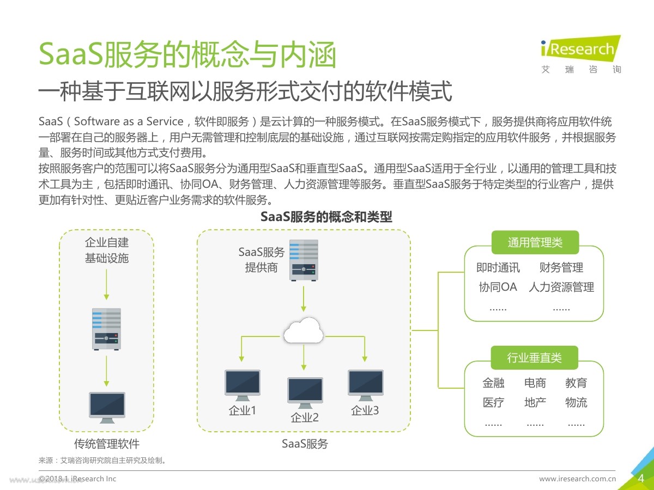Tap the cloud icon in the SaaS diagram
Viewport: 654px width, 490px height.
click(x=304, y=330)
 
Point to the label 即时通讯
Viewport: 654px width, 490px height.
click(x=498, y=267)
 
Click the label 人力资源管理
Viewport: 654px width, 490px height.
click(x=561, y=287)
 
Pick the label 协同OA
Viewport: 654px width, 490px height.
click(x=498, y=287)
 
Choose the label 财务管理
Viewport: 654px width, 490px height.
click(x=561, y=267)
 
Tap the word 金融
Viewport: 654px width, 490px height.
click(x=493, y=383)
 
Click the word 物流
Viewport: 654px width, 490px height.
click(x=576, y=403)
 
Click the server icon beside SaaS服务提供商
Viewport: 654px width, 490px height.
click(x=304, y=260)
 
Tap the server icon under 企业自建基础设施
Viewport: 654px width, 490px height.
click(x=106, y=328)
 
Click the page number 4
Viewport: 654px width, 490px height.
click(x=641, y=479)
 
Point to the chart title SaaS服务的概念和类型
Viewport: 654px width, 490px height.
click(x=326, y=217)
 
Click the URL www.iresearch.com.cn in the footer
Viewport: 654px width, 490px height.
click(x=577, y=479)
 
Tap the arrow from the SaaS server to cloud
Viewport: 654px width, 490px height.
click(x=304, y=299)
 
